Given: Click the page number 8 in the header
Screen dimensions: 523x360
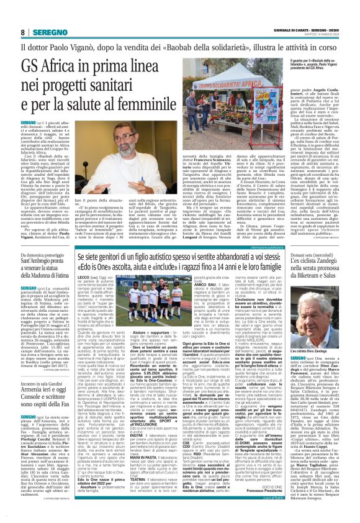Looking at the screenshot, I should point(23,32).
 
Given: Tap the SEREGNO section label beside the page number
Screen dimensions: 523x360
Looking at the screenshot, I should point(45,32).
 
